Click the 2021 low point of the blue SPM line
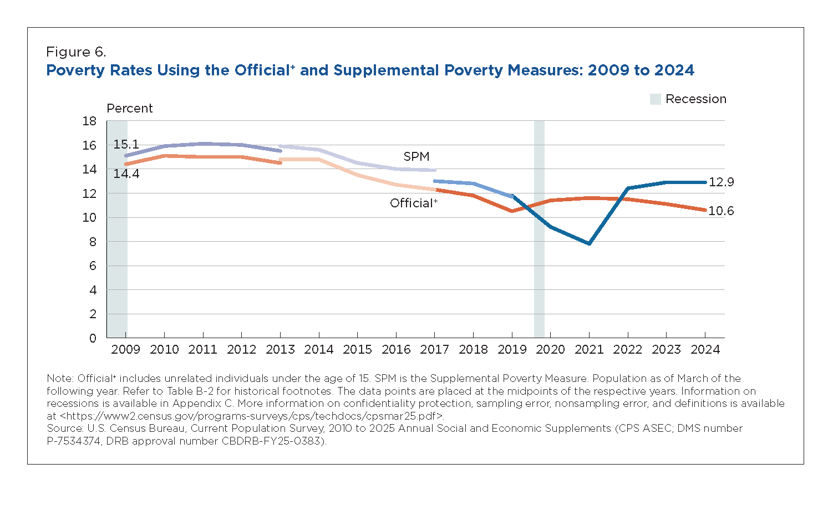(589, 243)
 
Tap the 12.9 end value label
(721, 182)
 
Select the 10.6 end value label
(721, 211)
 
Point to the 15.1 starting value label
(126, 144)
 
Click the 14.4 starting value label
(126, 174)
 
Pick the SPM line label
(416, 156)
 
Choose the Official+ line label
(413, 203)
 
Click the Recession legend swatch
(655, 99)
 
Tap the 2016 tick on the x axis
(396, 349)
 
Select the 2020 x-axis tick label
(551, 349)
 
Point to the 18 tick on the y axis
(89, 121)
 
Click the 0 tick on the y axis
(93, 338)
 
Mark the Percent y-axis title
(130, 108)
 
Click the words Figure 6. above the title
(76, 52)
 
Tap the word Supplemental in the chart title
(387, 70)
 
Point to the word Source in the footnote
(64, 429)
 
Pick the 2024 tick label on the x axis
(705, 349)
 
